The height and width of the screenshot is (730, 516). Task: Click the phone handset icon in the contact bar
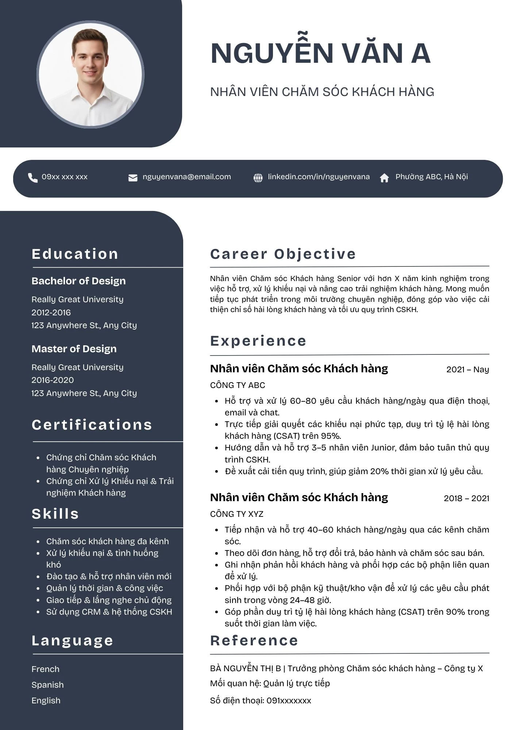[33, 178]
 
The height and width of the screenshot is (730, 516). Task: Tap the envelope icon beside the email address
[133, 178]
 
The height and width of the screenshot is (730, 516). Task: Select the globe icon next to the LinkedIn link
[258, 178]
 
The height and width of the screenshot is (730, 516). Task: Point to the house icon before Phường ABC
[384, 178]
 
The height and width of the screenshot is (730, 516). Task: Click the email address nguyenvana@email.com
[186, 177]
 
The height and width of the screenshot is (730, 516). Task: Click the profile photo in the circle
[91, 75]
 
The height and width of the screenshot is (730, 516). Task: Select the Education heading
[75, 254]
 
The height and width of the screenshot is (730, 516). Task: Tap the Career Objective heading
[283, 254]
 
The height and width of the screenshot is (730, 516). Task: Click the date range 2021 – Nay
[467, 369]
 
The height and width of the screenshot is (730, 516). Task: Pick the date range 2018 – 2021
[466, 498]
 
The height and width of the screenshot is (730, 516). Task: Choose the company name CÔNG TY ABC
[238, 385]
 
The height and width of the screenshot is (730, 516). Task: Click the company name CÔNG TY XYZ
[236, 514]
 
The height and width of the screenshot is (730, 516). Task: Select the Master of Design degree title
[74, 349]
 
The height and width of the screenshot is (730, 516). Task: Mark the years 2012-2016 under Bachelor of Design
[51, 312]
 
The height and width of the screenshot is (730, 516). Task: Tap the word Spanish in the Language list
[47, 685]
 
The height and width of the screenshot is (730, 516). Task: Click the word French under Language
[45, 669]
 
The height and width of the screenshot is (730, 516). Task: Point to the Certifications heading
[92, 425]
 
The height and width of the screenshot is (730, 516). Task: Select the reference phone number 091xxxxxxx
[289, 700]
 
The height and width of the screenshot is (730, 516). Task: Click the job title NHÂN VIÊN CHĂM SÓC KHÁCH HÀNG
[322, 92]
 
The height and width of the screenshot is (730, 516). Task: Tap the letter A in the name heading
[421, 54]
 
